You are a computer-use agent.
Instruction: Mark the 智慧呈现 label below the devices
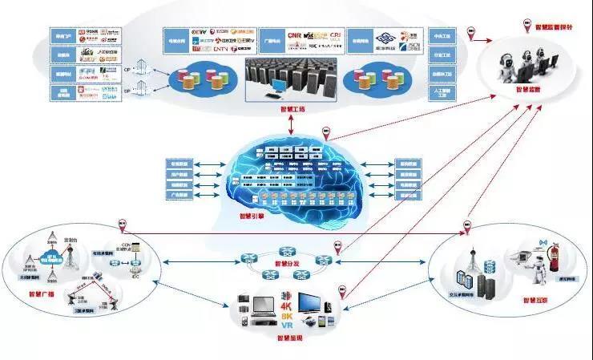(x=290, y=338)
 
